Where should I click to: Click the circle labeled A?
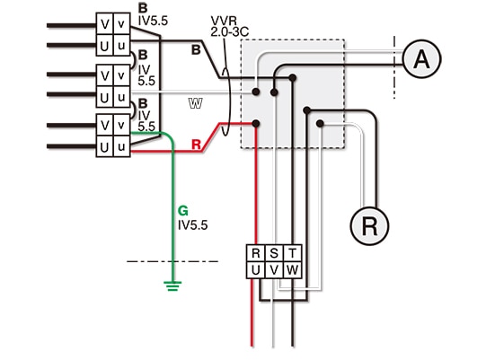[421, 58]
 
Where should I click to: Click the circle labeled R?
[369, 226]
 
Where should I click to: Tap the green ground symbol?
[172, 285]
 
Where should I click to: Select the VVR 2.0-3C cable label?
[229, 27]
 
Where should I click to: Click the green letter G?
[183, 210]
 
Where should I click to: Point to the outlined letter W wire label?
[196, 103]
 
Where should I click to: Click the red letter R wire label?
[196, 145]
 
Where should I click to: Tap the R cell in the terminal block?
[256, 253]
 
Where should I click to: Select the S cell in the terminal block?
[274, 253]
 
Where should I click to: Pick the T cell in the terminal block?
[293, 253]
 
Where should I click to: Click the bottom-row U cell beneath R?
[256, 270]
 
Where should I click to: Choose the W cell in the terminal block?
[293, 270]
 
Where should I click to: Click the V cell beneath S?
[274, 270]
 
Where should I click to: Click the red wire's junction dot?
[256, 123]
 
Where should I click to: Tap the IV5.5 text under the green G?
[193, 225]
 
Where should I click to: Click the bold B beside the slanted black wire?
[196, 50]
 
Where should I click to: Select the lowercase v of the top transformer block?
[121, 23]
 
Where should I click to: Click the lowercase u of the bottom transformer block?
[121, 146]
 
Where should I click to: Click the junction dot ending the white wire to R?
[320, 123]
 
